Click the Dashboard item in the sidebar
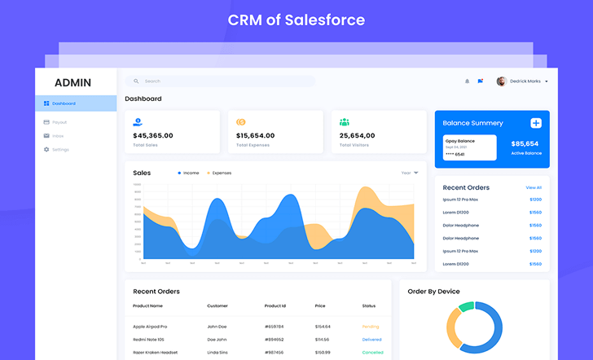(x=64, y=103)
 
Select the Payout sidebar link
(x=59, y=122)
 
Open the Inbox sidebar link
(x=58, y=136)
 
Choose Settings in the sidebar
(x=60, y=150)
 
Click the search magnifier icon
(x=136, y=81)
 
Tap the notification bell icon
(x=467, y=81)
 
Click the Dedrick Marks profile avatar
(x=502, y=81)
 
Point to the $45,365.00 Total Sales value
(x=153, y=136)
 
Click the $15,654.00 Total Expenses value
(x=255, y=136)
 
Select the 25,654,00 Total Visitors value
(x=357, y=136)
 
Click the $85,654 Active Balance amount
(x=525, y=143)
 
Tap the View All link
(x=534, y=187)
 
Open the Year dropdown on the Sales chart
(x=410, y=173)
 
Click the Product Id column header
(x=275, y=305)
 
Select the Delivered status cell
(x=371, y=340)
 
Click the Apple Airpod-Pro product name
(x=150, y=327)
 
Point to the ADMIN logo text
(x=73, y=82)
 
